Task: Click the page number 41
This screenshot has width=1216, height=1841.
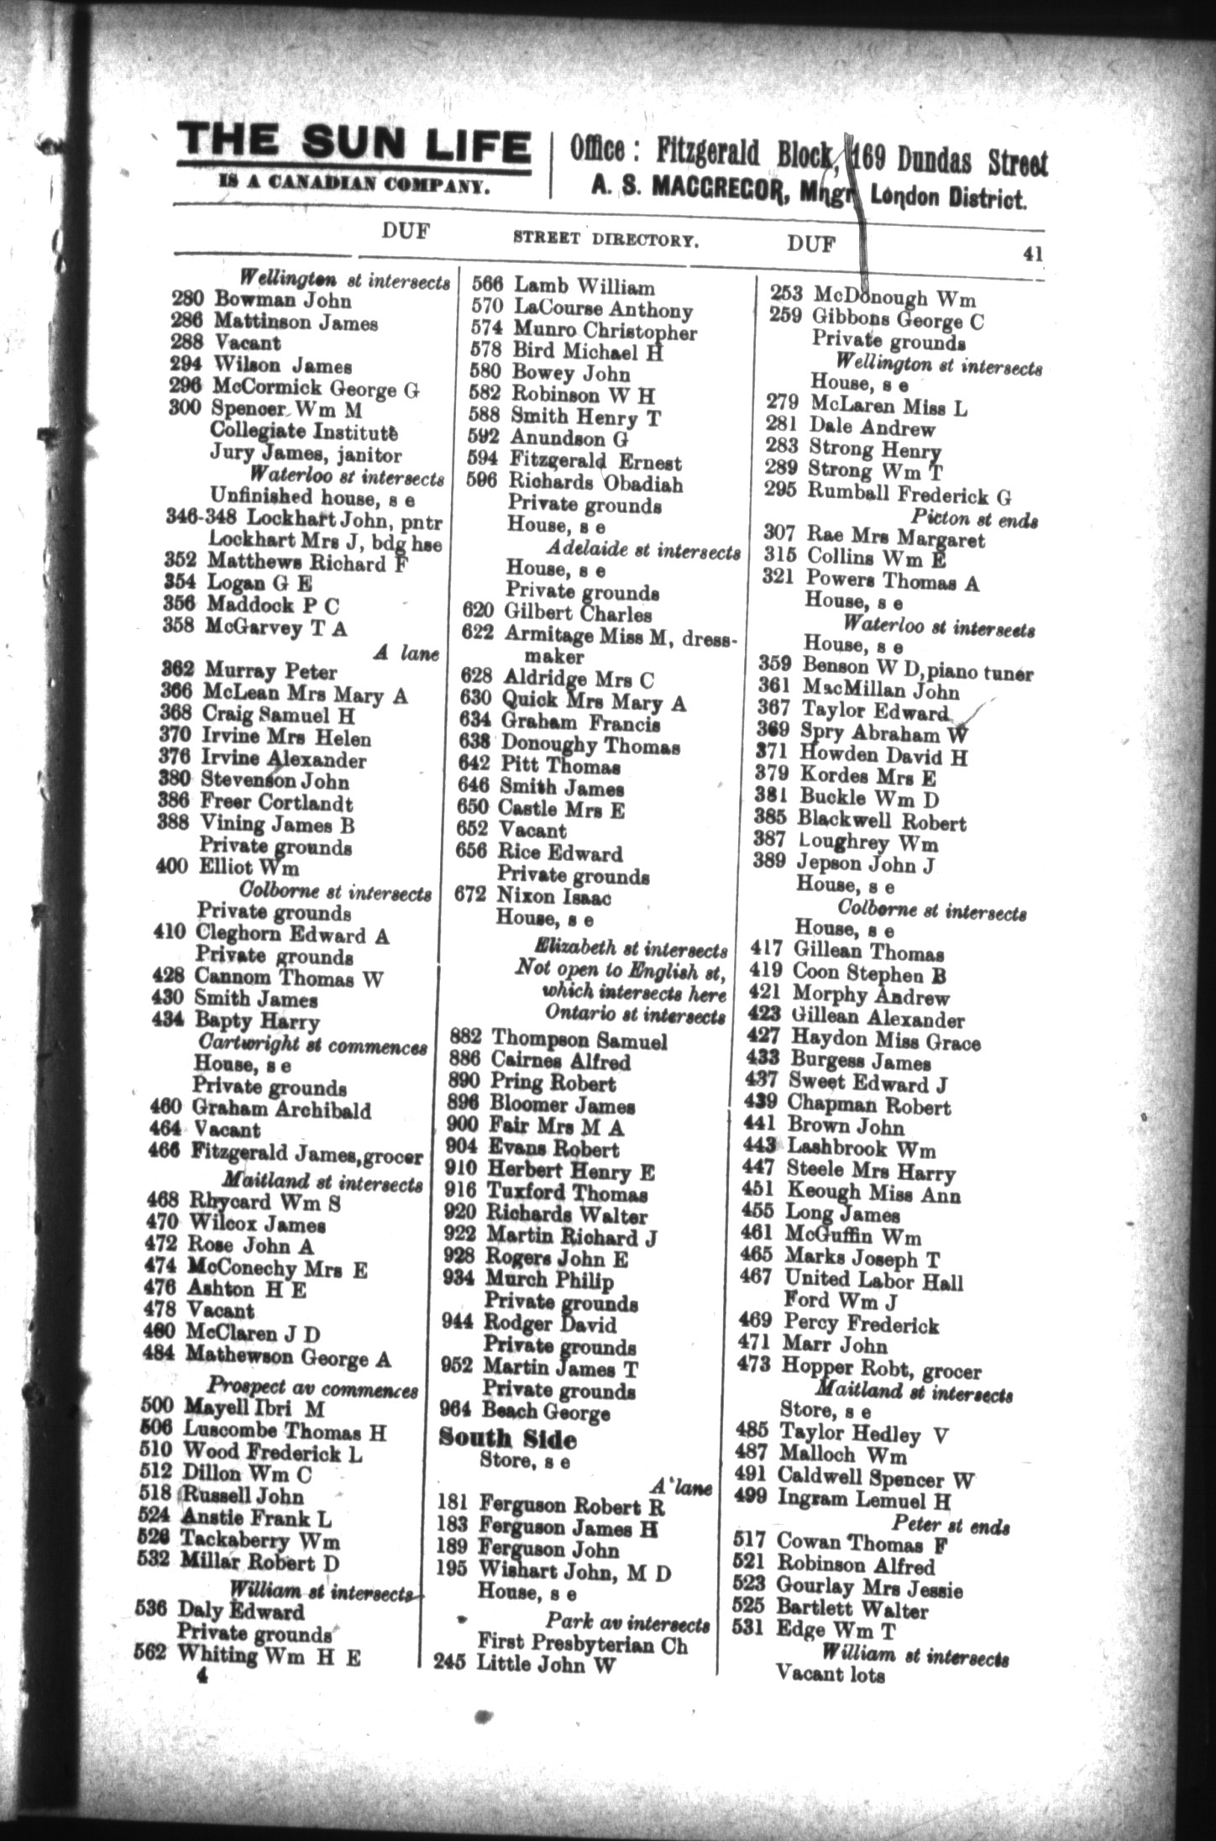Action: click(x=1032, y=253)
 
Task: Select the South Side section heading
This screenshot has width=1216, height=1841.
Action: click(x=507, y=1439)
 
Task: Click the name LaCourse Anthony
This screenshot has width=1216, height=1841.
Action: click(x=603, y=310)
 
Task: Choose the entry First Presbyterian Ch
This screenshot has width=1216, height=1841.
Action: click(x=582, y=1644)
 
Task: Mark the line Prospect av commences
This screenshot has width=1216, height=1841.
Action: click(x=312, y=1390)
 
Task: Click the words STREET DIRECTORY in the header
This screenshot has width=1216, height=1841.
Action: click(x=605, y=239)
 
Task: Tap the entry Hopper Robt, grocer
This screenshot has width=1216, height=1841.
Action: click(x=881, y=1370)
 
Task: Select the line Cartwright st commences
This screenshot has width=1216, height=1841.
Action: click(x=312, y=1046)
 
